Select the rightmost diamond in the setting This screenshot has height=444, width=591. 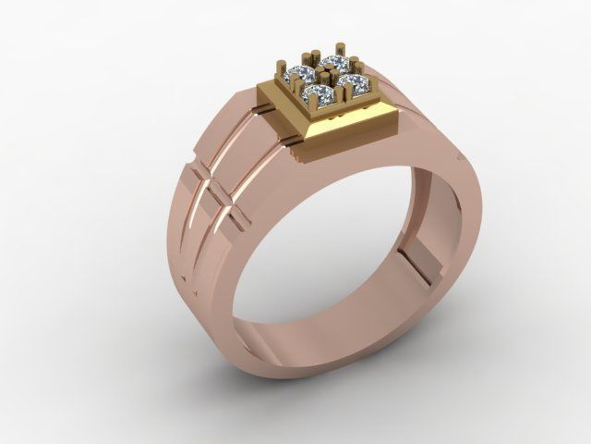[x=355, y=83]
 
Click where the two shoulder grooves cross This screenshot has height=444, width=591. [x=216, y=190]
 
